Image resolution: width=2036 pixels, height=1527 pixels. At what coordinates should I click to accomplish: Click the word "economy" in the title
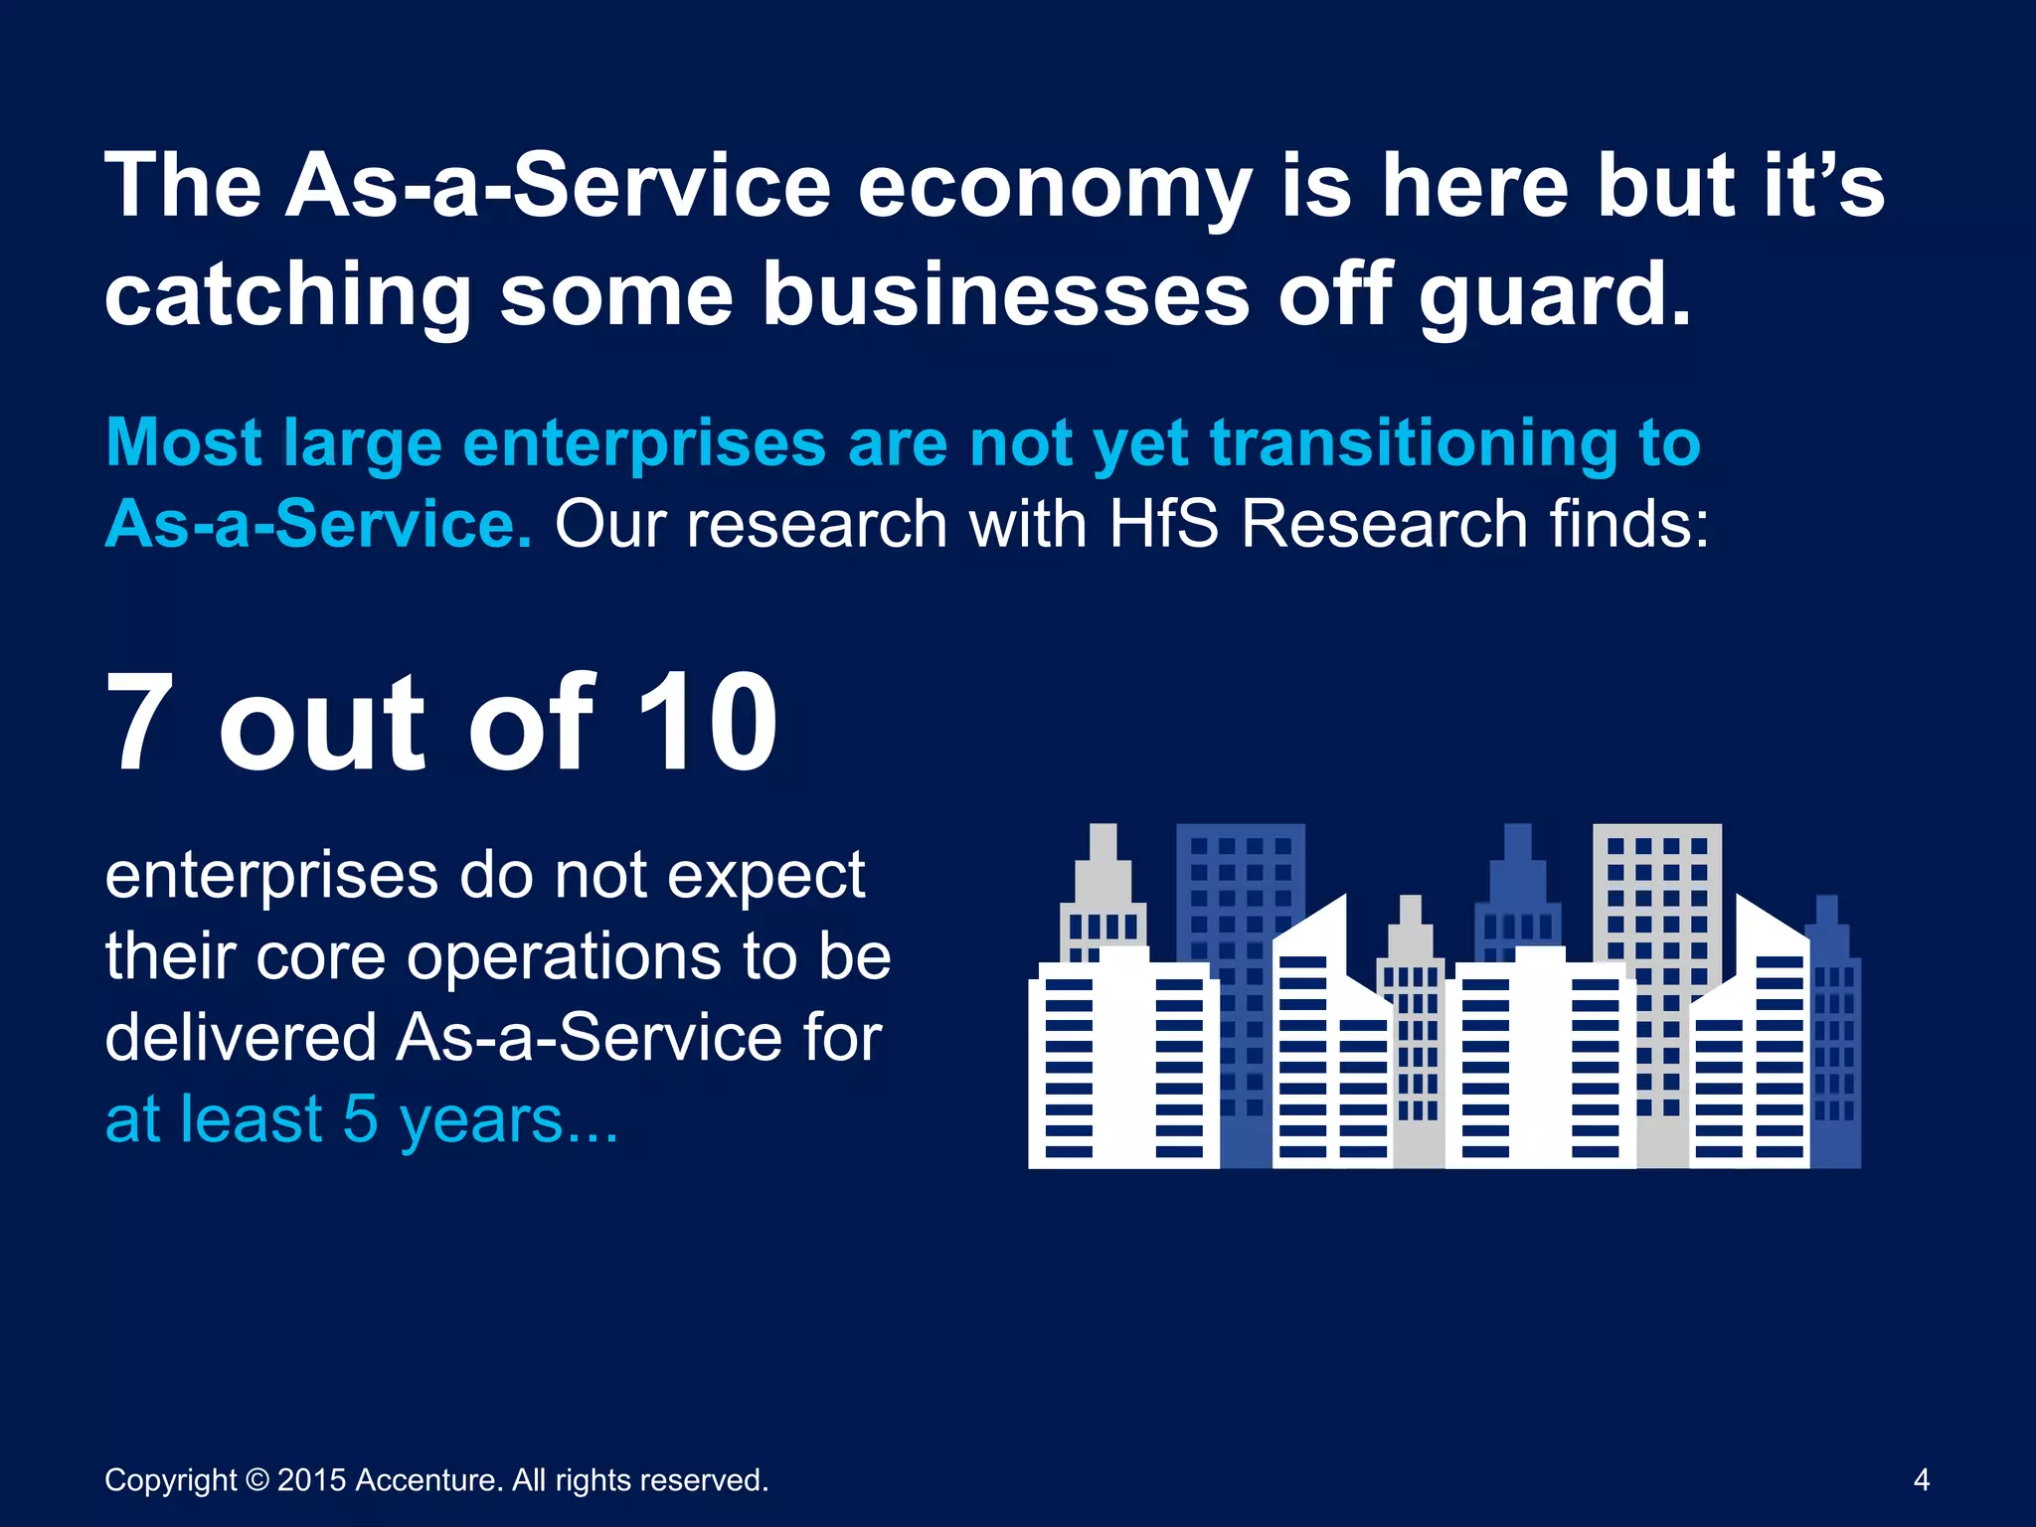click(x=1054, y=189)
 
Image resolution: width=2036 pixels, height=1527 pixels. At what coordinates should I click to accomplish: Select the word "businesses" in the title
click(x=1005, y=296)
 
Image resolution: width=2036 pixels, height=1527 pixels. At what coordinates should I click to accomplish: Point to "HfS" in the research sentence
click(x=1164, y=524)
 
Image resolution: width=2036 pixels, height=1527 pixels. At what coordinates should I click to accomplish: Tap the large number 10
click(x=707, y=723)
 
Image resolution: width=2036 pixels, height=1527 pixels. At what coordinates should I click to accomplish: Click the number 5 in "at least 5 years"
click(x=361, y=1119)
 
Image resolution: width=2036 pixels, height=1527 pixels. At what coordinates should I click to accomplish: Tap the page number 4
click(x=1921, y=1480)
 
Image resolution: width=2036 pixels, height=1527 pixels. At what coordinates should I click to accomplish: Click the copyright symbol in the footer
click(x=256, y=1480)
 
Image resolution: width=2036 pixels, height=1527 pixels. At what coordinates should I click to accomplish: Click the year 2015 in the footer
click(x=311, y=1480)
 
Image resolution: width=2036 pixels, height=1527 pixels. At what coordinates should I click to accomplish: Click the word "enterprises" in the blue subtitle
click(x=644, y=443)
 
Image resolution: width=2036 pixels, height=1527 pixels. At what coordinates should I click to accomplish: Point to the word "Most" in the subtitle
click(x=184, y=443)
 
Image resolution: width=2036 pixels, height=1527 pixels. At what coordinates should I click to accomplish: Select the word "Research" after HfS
click(x=1384, y=524)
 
